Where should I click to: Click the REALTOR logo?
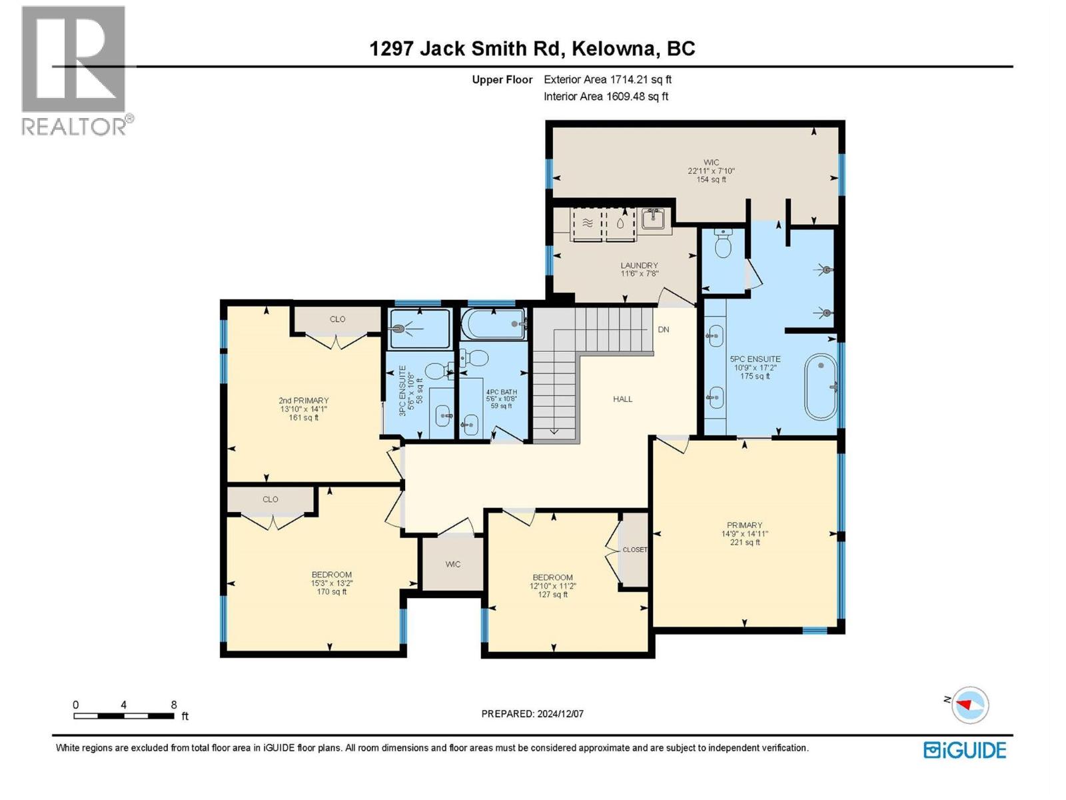pyautogui.click(x=75, y=70)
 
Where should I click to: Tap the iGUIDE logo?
pyautogui.click(x=965, y=750)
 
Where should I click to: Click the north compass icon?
pyautogui.click(x=969, y=705)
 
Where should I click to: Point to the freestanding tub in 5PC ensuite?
pyautogui.click(x=821, y=387)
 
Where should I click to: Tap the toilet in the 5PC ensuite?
pyautogui.click(x=722, y=244)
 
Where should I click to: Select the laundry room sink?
pyautogui.click(x=653, y=218)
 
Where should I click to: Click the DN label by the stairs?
pyautogui.click(x=664, y=329)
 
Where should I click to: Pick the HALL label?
pyautogui.click(x=623, y=399)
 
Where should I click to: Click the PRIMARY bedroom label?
pyautogui.click(x=744, y=525)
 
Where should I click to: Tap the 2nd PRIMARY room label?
pyautogui.click(x=303, y=401)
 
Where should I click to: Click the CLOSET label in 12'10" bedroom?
pyautogui.click(x=634, y=550)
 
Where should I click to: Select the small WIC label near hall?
pyautogui.click(x=453, y=564)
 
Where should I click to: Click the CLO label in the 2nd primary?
pyautogui.click(x=337, y=319)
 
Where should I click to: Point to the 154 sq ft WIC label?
pyautogui.click(x=711, y=171)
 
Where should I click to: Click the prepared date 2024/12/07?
pyautogui.click(x=532, y=713)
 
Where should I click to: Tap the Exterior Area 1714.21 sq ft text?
pyautogui.click(x=607, y=79)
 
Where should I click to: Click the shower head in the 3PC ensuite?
pyautogui.click(x=400, y=328)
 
